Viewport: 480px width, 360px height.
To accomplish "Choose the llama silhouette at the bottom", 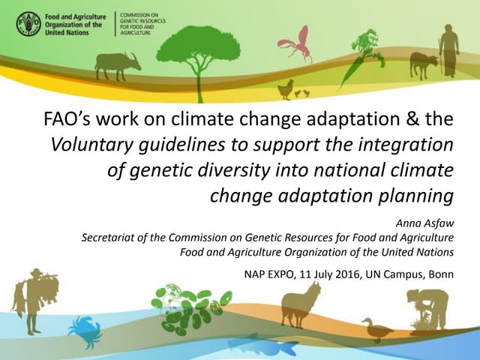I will (x=300, y=304).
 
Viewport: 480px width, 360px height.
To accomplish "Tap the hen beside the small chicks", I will (x=284, y=90).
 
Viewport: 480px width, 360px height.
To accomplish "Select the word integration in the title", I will (x=406, y=144).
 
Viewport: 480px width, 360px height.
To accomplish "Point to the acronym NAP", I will (x=257, y=274).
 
